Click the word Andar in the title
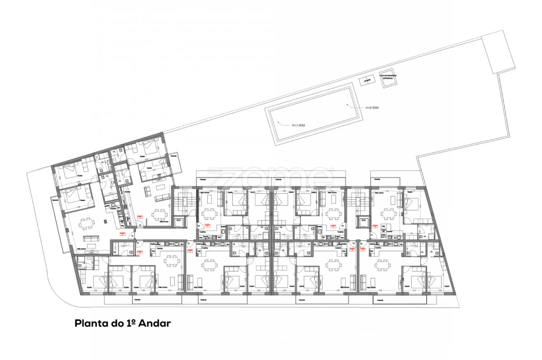coord(155,323)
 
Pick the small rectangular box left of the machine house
coord(367,80)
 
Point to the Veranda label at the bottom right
coord(380,300)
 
